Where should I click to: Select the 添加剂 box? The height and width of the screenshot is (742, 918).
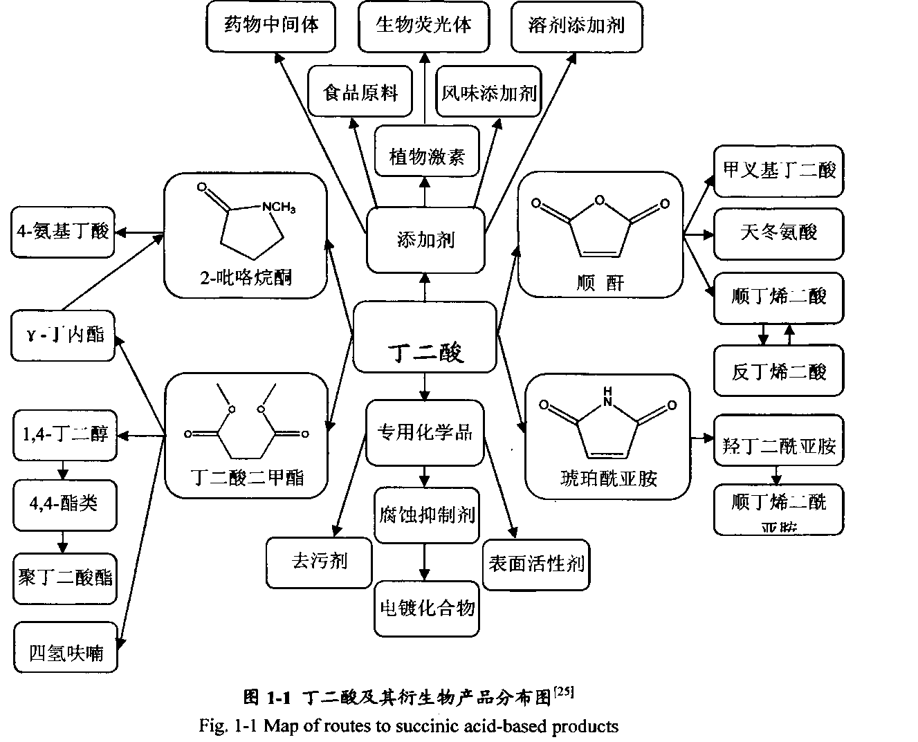pyautogui.click(x=425, y=240)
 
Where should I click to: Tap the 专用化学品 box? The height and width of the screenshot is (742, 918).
pyautogui.click(x=425, y=432)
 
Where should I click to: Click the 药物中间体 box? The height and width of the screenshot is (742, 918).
pyautogui.click(x=272, y=26)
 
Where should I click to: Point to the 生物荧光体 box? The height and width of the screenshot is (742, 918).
pyautogui.click(x=423, y=26)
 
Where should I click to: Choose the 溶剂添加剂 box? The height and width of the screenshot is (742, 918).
pyautogui.click(x=576, y=26)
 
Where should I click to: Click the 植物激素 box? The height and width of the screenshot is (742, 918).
pyautogui.click(x=426, y=156)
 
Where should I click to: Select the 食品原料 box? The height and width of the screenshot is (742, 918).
pyautogui.click(x=361, y=93)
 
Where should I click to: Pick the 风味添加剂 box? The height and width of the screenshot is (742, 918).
pyautogui.click(x=489, y=93)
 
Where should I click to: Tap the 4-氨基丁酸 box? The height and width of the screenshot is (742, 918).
pyautogui.click(x=63, y=231)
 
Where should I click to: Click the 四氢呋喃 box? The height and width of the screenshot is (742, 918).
pyautogui.click(x=66, y=652)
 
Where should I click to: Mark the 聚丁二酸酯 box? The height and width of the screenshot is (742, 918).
pyautogui.click(x=65, y=577)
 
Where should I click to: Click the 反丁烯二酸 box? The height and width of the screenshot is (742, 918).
pyautogui.click(x=778, y=371)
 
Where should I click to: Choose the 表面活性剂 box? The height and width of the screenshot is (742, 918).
pyautogui.click(x=536, y=564)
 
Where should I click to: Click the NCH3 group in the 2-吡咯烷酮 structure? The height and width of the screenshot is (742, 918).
pyautogui.click(x=278, y=206)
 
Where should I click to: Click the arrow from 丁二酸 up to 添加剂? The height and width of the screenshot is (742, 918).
pyautogui.click(x=425, y=288)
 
